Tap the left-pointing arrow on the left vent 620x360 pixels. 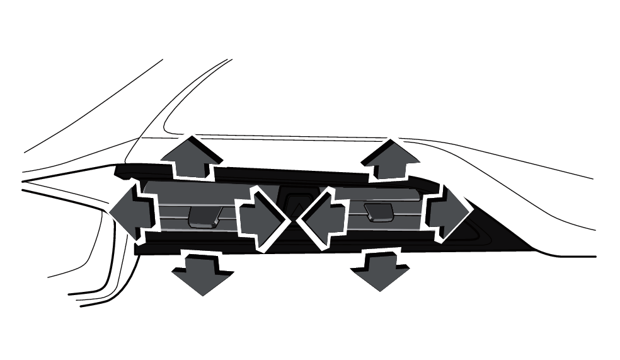coord(131,209)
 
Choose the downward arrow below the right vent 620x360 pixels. coord(379,269)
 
